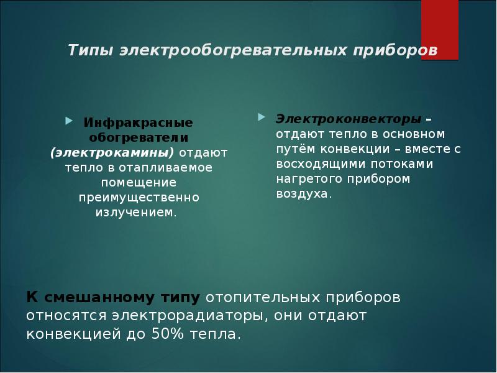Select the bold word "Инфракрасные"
pyautogui.click(x=139, y=121)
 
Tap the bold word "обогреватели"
pyautogui.click(x=139, y=136)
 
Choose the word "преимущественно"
pyautogui.click(x=139, y=197)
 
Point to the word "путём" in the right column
pyautogui.click(x=295, y=149)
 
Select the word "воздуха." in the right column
pyautogui.click(x=304, y=193)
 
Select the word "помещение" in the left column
pyautogui.click(x=139, y=182)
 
